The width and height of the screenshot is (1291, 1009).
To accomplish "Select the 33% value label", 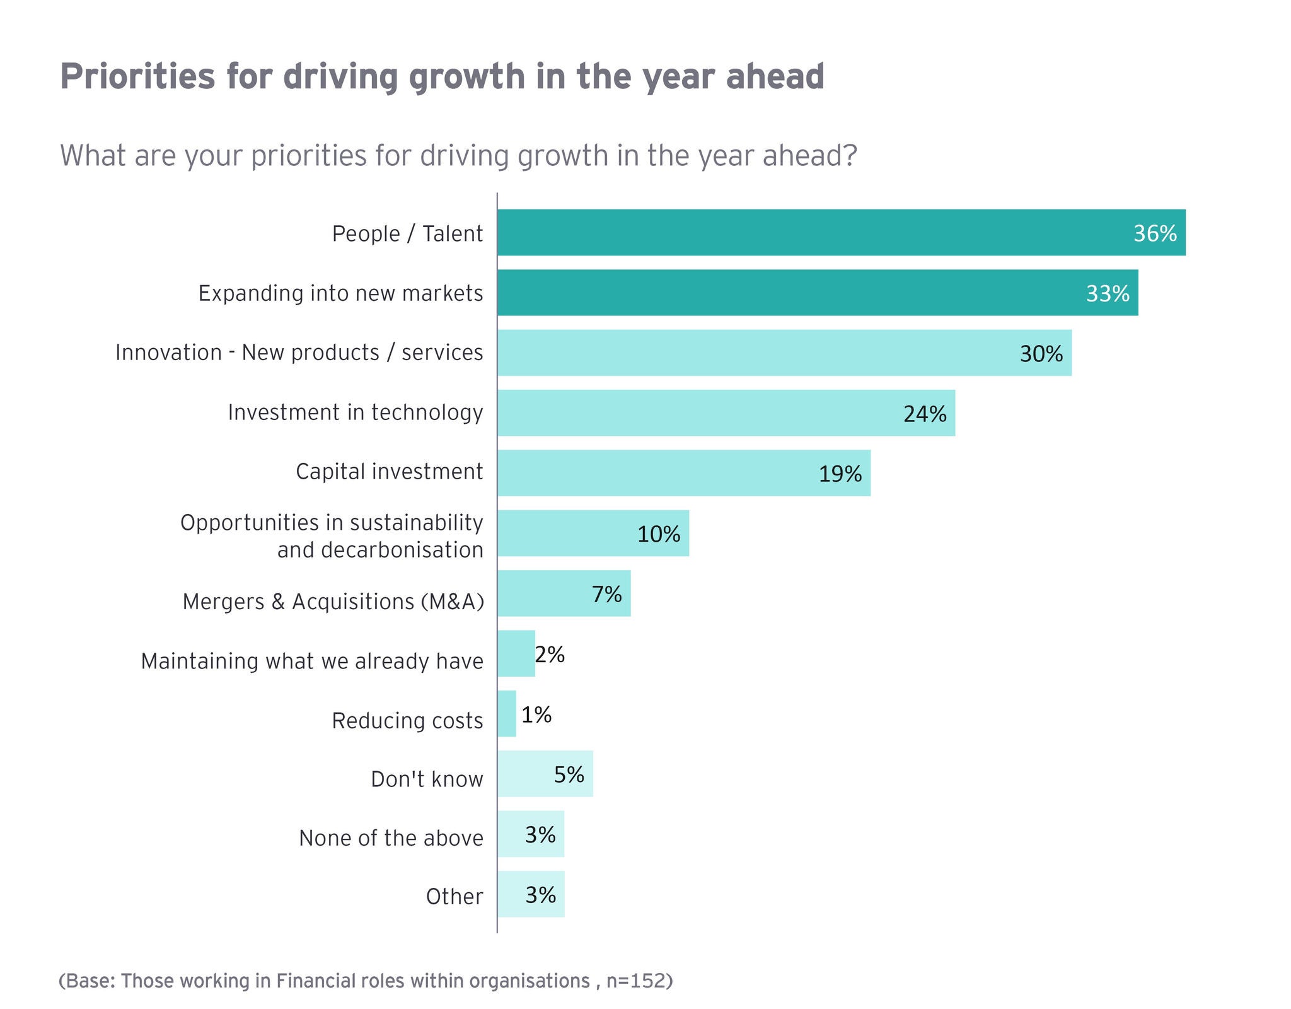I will coord(1107,294).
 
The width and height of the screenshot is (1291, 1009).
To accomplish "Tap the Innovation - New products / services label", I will coord(299,353).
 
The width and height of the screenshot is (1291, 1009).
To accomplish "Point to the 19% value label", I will coord(840,474).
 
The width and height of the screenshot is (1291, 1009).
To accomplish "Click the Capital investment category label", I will coord(389,472).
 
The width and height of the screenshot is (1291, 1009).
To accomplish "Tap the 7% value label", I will coord(606,594).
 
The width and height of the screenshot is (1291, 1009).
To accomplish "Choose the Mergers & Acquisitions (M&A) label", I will coord(333,602).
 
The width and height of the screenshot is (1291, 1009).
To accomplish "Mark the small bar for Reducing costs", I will coord(507,714).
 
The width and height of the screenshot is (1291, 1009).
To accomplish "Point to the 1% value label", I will coord(536,714).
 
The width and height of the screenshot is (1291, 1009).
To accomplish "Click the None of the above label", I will coord(391,838).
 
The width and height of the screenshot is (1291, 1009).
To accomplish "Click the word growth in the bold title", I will coord(466,77).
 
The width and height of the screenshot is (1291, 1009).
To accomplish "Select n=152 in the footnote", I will coord(635,981).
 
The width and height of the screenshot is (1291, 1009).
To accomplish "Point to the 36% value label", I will coord(1154,234).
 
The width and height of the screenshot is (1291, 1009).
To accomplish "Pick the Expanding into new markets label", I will coord(340,293).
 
